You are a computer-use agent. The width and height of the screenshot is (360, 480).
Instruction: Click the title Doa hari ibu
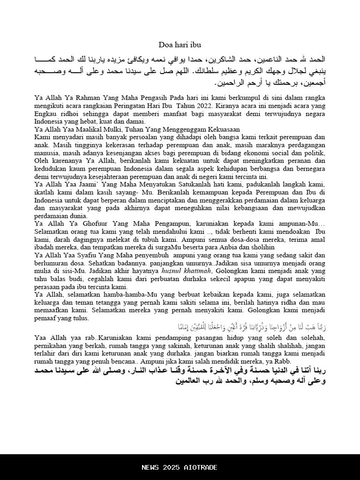(180, 45)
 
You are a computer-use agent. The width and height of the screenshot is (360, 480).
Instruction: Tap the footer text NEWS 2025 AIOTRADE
(180, 467)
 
